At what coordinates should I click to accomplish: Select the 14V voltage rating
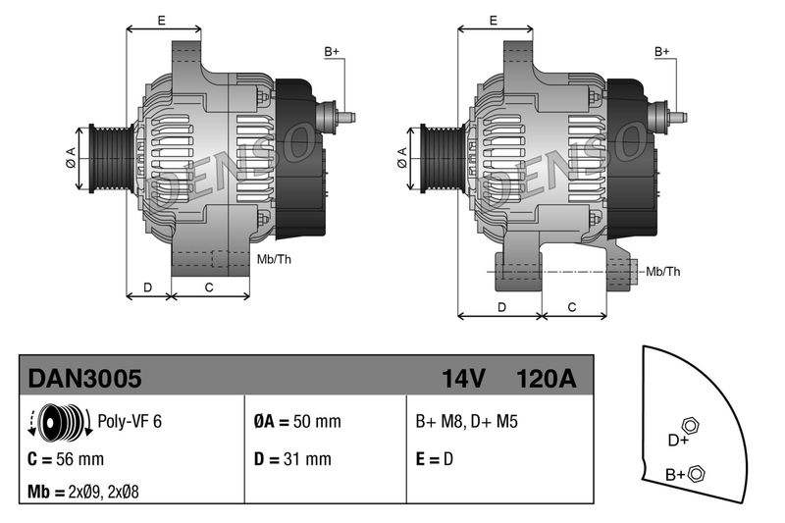(x=464, y=378)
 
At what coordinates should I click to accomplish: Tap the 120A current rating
(x=546, y=378)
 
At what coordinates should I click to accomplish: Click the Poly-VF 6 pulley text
(x=130, y=421)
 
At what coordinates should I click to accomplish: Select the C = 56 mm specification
(x=66, y=458)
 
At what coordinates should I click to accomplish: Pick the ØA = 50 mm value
(x=296, y=421)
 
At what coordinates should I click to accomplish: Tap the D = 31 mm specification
(x=292, y=458)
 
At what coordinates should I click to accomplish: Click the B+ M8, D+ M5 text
(x=466, y=421)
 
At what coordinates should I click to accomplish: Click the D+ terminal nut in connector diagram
(x=690, y=427)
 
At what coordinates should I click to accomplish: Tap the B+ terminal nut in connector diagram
(x=697, y=475)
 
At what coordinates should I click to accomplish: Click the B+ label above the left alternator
(x=332, y=51)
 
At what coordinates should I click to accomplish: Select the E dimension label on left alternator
(x=161, y=20)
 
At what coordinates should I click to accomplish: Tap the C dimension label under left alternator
(x=209, y=288)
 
